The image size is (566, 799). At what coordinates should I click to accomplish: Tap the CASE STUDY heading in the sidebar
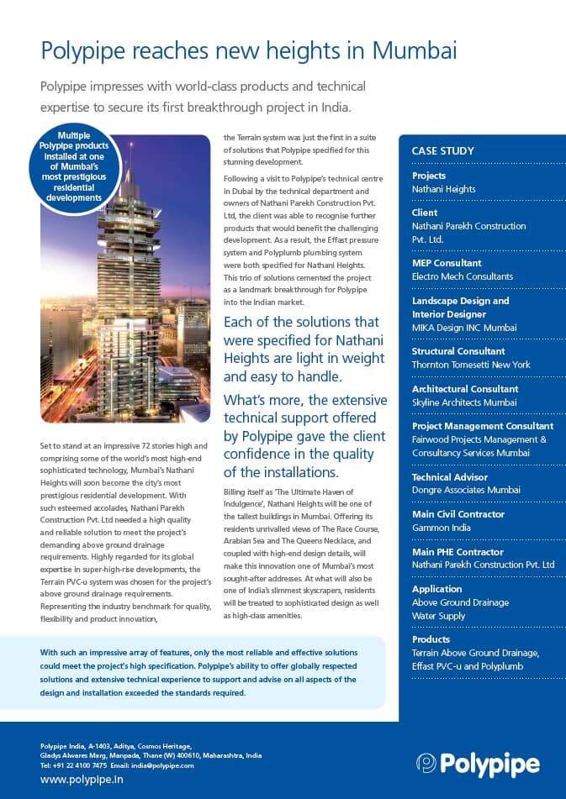pyautogui.click(x=442, y=151)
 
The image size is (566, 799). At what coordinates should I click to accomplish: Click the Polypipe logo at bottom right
pyautogui.click(x=478, y=763)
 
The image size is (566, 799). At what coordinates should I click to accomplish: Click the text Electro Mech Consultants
pyautogui.click(x=462, y=276)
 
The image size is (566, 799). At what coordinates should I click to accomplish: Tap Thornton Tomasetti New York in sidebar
pyautogui.click(x=470, y=365)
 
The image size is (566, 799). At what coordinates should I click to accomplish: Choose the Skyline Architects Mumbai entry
pyautogui.click(x=463, y=402)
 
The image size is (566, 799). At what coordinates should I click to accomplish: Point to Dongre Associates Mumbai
pyautogui.click(x=466, y=490)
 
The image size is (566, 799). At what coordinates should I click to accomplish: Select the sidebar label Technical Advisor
pyautogui.click(x=450, y=477)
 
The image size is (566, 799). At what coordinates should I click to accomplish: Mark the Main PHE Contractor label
pyautogui.click(x=458, y=552)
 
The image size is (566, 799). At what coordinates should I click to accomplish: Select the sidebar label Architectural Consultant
pyautogui.click(x=464, y=389)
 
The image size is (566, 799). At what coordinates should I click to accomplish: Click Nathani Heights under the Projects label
pyautogui.click(x=443, y=189)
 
